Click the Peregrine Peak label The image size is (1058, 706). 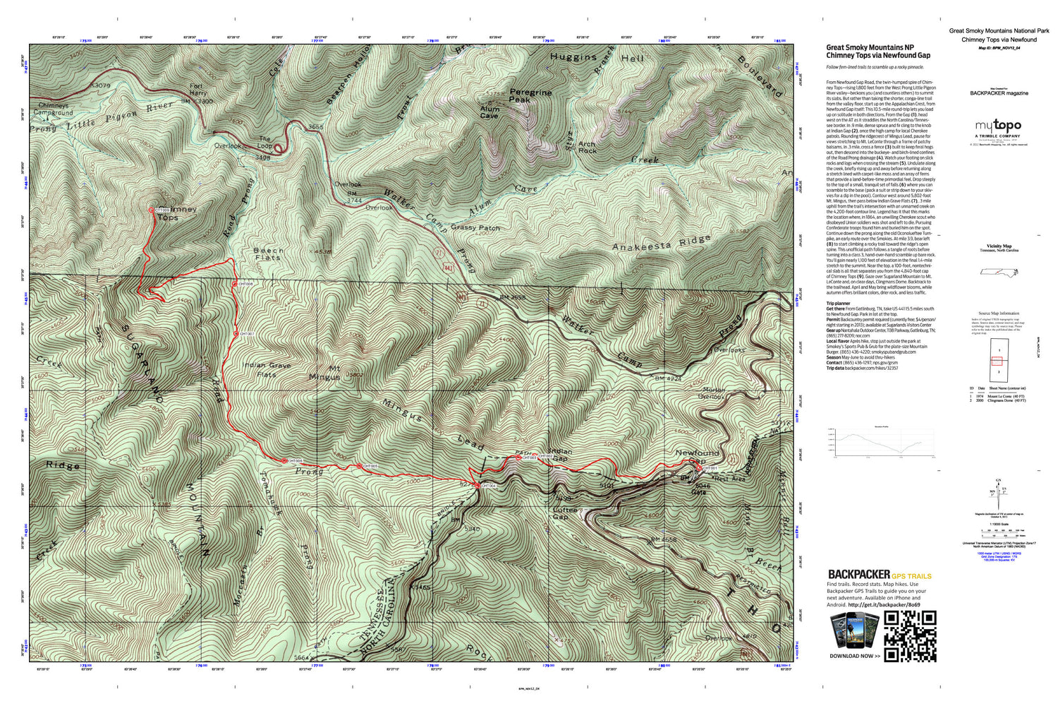[530, 96]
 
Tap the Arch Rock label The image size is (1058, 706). [587, 147]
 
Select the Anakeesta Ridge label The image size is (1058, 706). [661, 244]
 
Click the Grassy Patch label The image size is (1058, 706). [475, 228]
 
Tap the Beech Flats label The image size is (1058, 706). [268, 254]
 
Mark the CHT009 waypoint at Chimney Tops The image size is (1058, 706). [151, 210]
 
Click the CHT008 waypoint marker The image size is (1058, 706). [235, 284]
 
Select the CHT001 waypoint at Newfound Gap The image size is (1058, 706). [699, 468]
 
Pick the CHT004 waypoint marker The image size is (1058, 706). [478, 486]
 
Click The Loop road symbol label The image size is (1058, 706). [265, 143]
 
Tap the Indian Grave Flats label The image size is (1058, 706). [267, 369]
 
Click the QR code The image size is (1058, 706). [910, 636]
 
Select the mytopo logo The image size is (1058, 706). [997, 127]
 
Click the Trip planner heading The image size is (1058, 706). [838, 303]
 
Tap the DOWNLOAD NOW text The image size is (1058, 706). [855, 656]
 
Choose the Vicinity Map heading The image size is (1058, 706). [998, 246]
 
